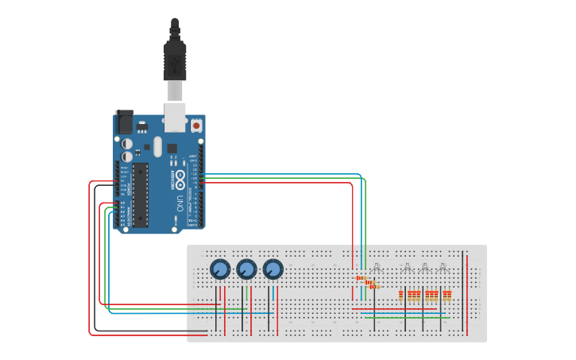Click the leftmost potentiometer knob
tap(220, 269)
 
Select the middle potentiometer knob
tap(246, 269)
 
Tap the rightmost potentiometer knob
tap(273, 269)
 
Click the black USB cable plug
tap(175, 60)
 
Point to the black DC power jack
tap(124, 122)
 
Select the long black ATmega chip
tap(141, 194)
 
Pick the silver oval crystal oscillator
tap(157, 146)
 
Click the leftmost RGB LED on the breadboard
tap(377, 268)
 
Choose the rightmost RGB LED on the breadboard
tap(443, 268)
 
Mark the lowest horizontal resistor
tap(373, 286)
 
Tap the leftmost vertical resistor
tap(401, 296)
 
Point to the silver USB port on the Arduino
tap(175, 114)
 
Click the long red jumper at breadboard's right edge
tap(467, 290)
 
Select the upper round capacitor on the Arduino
tap(127, 143)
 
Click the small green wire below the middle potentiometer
tap(246, 292)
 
